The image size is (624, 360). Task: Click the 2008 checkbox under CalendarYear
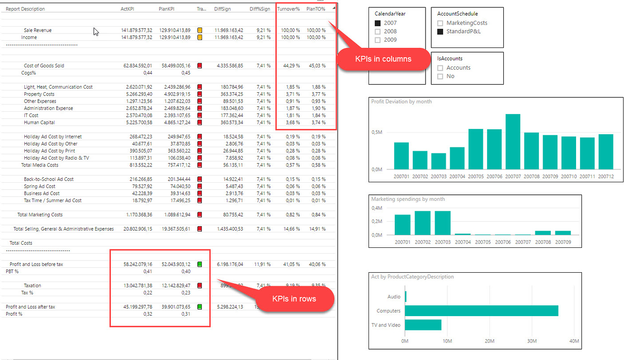378,31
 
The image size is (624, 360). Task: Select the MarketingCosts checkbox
440,23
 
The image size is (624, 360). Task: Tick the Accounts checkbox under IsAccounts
440,68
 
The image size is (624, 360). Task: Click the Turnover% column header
288,9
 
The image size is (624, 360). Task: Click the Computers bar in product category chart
481,311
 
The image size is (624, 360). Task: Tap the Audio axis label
394,297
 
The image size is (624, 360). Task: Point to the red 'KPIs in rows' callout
294,298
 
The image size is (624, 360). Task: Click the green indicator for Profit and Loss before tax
199,264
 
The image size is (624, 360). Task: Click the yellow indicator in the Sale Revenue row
199,30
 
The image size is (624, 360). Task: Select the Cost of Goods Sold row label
44,66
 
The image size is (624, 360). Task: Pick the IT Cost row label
31,115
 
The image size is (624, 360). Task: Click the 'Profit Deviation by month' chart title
401,102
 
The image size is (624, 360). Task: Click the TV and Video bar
423,325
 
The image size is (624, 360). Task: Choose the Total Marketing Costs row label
40,215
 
